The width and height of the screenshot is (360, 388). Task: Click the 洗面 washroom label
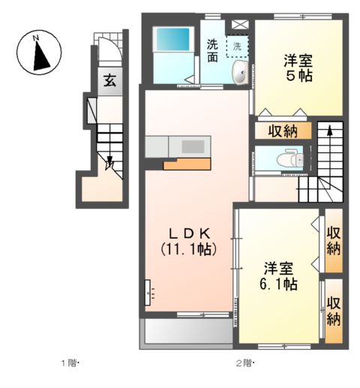[x=213, y=50]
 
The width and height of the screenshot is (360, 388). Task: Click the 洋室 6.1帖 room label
[x=280, y=275]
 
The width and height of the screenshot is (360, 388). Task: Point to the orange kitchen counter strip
[x=185, y=163]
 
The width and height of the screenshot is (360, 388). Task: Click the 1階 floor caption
[x=70, y=365]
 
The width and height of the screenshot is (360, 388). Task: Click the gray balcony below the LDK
[x=187, y=331]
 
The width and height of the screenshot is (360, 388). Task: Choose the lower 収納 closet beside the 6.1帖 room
[x=334, y=311]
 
